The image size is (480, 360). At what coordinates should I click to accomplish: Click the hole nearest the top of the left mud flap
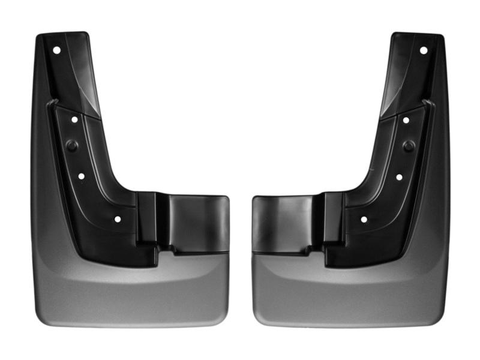point(56,50)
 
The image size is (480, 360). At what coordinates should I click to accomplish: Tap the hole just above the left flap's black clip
point(74,120)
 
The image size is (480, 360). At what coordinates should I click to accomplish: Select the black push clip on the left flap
point(71,146)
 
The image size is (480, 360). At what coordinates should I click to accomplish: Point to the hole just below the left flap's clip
point(81,177)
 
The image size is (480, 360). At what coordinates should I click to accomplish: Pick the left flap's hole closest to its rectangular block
point(117,220)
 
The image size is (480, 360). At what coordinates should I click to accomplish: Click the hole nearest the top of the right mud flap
point(423,50)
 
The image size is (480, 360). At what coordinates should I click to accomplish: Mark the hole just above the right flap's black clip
point(406,120)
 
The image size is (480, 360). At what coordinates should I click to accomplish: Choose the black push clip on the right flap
point(409,146)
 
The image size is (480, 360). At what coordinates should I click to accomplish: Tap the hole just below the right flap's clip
point(399,177)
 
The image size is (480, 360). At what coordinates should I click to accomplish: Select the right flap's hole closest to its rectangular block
point(364,220)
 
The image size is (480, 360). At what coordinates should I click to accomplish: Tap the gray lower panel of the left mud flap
point(132,294)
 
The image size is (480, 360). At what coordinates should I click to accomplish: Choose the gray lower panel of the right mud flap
point(348,294)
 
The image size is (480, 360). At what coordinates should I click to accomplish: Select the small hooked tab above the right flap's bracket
point(427,103)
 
